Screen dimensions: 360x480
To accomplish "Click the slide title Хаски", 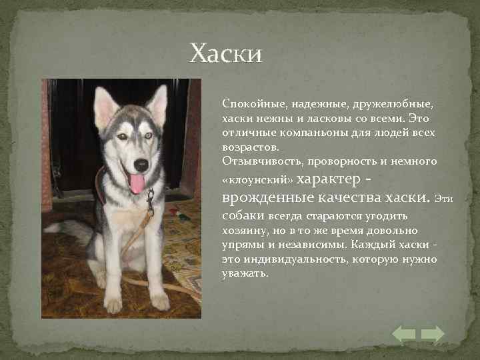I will click(x=226, y=53).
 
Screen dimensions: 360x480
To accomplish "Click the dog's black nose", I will click(x=141, y=163).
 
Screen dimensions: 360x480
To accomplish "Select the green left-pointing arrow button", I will click(x=404, y=334).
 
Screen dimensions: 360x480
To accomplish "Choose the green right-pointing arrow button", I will click(x=433, y=334).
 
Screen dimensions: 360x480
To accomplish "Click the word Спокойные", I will click(x=247, y=105).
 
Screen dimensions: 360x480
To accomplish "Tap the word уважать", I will click(x=244, y=273).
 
